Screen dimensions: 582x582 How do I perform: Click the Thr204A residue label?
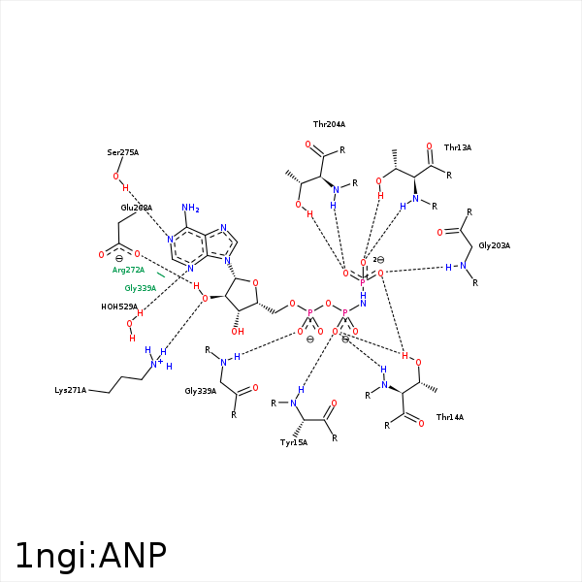pyautogui.click(x=329, y=124)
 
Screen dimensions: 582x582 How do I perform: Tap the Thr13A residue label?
pyautogui.click(x=457, y=147)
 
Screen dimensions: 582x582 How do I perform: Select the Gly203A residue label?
pyautogui.click(x=494, y=245)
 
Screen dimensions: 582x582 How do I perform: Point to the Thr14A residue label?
pyautogui.click(x=450, y=416)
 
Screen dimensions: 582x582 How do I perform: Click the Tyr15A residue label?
pyautogui.click(x=294, y=442)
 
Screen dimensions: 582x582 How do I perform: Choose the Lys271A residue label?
pyautogui.click(x=70, y=390)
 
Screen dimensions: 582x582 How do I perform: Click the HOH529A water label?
pyautogui.click(x=119, y=307)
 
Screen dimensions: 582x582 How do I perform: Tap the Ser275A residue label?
pyautogui.click(x=123, y=152)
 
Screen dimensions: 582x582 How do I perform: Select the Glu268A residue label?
pyautogui.click(x=137, y=208)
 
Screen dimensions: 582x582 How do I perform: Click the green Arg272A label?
pyautogui.click(x=128, y=270)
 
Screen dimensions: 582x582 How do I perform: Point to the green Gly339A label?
pyautogui.click(x=140, y=288)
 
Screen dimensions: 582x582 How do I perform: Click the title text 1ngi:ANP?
pyautogui.click(x=91, y=555)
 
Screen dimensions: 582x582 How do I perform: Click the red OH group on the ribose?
pyautogui.click(x=238, y=332)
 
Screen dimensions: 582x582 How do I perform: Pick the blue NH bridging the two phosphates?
pyautogui.click(x=363, y=299)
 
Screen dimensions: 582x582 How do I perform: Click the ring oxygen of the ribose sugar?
pyautogui.click(x=254, y=283)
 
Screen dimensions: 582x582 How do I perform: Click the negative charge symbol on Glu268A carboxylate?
pyautogui.click(x=118, y=259)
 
